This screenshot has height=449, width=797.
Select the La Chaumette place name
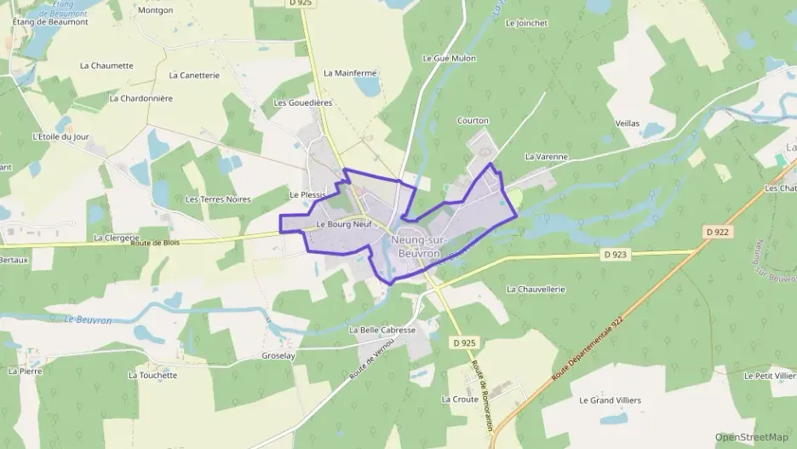tap(106, 66)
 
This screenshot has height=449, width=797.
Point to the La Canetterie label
tap(194, 75)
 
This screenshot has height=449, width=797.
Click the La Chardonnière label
tap(141, 98)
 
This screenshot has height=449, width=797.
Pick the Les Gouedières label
tap(302, 102)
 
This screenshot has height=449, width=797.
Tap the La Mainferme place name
tap(350, 73)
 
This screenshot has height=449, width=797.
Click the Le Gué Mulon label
tap(449, 59)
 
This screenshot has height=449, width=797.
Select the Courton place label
tap(473, 121)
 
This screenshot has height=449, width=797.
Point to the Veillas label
tap(627, 124)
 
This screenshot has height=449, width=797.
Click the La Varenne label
tap(546, 157)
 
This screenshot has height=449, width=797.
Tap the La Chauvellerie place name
tap(536, 290)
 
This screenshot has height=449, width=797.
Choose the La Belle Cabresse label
tap(382, 330)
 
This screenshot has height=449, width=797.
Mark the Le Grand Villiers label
tap(610, 400)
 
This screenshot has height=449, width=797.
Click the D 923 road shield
tap(615, 254)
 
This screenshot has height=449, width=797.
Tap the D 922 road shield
tap(717, 231)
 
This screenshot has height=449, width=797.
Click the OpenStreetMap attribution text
tap(751, 437)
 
